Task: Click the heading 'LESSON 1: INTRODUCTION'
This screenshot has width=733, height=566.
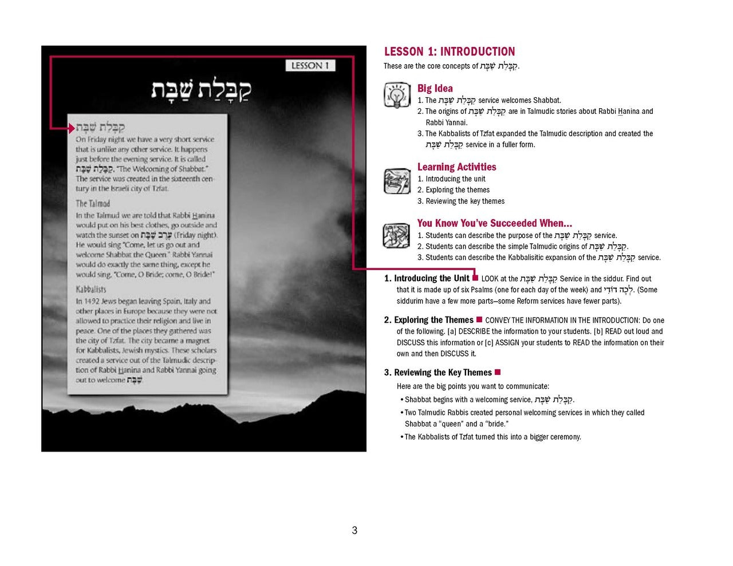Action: coord(450,52)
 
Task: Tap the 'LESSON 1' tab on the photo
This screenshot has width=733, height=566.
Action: coord(310,66)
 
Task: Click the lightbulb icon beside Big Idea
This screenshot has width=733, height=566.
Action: coord(396,96)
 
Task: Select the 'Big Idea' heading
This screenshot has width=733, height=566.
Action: coord(435,88)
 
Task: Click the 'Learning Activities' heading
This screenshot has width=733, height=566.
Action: coord(456,167)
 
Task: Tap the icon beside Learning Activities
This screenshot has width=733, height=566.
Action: coord(396,181)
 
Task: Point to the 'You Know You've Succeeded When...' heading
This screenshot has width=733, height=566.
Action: coord(494,223)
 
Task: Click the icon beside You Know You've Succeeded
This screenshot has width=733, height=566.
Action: coord(396,235)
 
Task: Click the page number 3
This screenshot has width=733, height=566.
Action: coord(354,531)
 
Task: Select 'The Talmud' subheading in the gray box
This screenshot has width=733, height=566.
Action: coord(93,203)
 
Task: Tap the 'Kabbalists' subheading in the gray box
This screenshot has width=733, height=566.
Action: coord(91,289)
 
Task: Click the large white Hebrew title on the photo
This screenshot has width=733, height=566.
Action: coord(201,91)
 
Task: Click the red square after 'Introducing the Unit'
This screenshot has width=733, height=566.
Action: coord(475,278)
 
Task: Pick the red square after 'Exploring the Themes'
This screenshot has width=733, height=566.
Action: coord(479,319)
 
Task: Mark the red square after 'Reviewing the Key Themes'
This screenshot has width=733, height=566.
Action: coord(498,373)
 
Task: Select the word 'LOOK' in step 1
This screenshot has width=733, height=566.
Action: coord(490,279)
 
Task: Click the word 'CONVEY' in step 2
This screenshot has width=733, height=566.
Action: coord(497,320)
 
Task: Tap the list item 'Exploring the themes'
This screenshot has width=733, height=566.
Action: coord(457,190)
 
